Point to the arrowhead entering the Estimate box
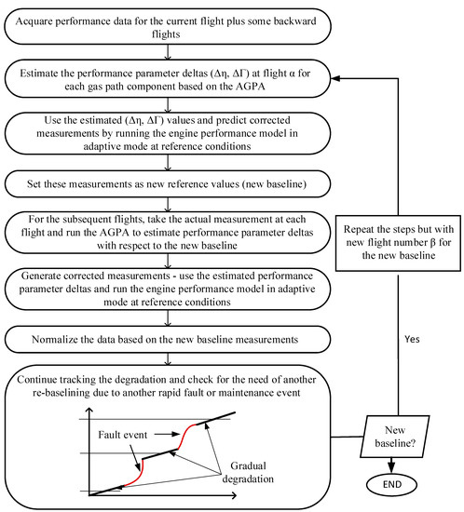pos(329,79)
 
